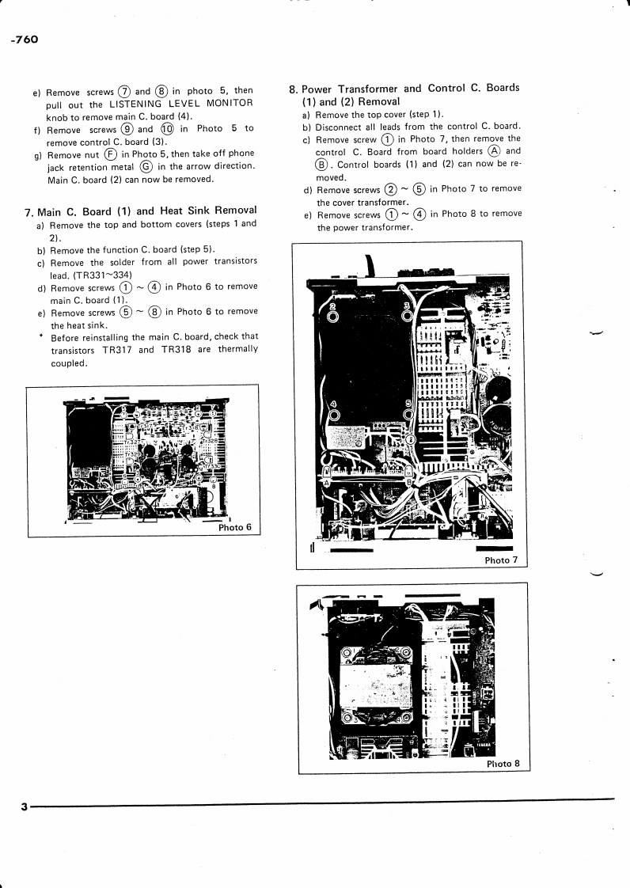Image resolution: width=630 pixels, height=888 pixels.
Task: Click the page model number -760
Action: (25, 40)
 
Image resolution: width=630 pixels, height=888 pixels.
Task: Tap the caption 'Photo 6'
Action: (235, 527)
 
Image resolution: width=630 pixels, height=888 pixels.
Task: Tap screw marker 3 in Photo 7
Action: (408, 316)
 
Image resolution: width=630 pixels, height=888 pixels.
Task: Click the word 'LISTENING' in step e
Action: (138, 104)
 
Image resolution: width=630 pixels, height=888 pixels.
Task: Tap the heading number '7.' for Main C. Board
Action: (29, 211)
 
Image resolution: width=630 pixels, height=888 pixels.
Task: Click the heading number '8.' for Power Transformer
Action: (293, 89)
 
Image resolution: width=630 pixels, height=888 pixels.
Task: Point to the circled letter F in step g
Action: (112, 154)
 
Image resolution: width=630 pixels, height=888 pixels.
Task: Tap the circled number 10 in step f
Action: (166, 129)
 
